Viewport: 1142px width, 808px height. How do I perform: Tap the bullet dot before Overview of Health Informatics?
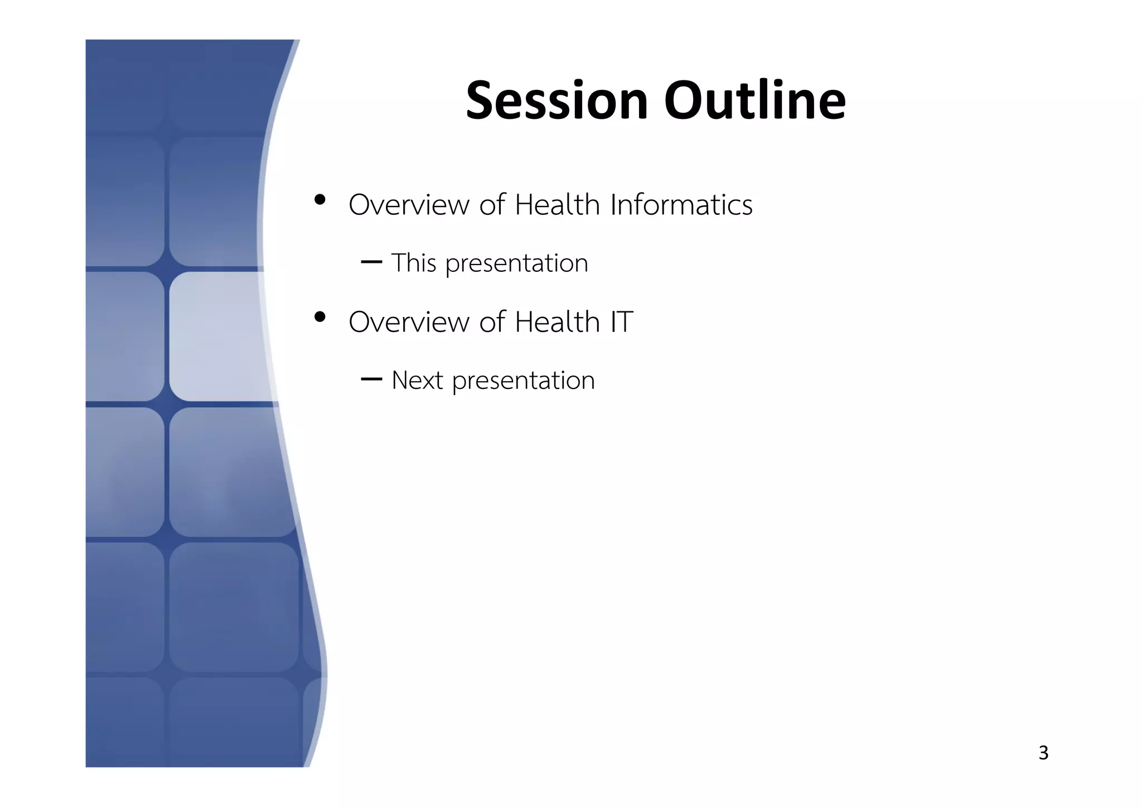(x=320, y=200)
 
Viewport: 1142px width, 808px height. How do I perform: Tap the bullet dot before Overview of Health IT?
(x=320, y=317)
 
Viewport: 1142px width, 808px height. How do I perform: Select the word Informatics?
(x=681, y=205)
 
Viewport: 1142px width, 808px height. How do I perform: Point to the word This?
(x=413, y=263)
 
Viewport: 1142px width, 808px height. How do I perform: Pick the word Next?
(x=417, y=381)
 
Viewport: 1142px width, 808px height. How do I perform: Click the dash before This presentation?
(x=371, y=262)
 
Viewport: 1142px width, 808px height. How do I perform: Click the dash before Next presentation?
(x=371, y=379)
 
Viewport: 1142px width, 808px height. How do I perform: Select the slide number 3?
(x=1043, y=753)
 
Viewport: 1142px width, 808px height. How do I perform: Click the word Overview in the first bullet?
(x=409, y=205)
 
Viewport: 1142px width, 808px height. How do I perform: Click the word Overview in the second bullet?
(x=409, y=322)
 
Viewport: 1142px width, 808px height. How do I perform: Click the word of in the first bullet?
(x=492, y=205)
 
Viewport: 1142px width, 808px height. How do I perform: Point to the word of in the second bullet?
(x=492, y=322)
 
